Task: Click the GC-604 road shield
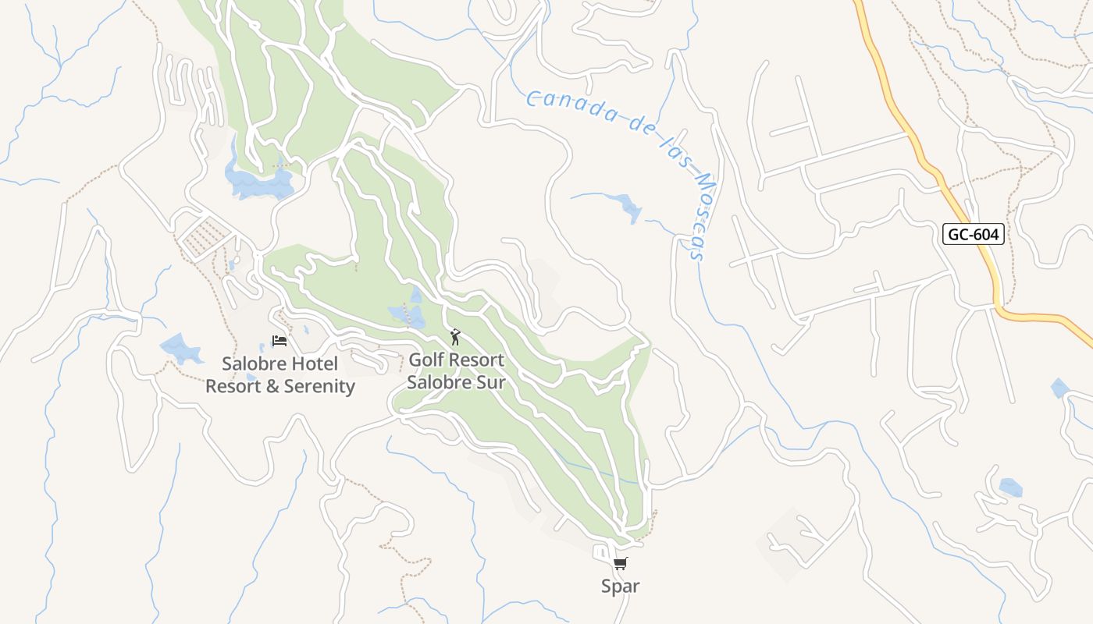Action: point(973,234)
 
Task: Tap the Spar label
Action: point(621,587)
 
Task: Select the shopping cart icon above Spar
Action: point(621,564)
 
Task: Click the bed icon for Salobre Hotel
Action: point(279,341)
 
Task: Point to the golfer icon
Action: point(456,337)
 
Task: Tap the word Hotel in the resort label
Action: point(315,364)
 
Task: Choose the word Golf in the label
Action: point(427,360)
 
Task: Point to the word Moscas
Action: point(697,216)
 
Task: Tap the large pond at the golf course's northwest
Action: point(258,182)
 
